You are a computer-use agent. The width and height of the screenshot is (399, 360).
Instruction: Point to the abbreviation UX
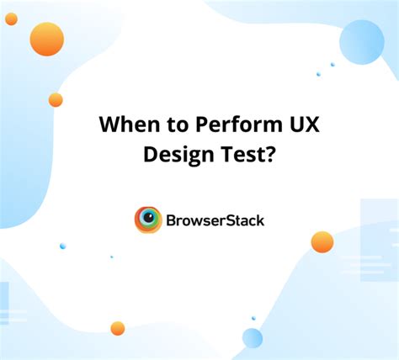(284, 124)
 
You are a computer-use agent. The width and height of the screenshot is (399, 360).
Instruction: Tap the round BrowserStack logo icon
(148, 220)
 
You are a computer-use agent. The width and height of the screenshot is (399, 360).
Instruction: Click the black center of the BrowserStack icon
(148, 220)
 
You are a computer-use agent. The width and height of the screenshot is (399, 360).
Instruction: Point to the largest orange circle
(47, 39)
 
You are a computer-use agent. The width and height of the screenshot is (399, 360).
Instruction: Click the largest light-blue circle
(362, 42)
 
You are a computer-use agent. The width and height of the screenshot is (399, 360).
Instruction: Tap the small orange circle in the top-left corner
(11, 19)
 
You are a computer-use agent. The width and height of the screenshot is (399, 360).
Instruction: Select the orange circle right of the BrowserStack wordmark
(322, 242)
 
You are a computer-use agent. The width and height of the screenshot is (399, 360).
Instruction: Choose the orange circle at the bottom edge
(117, 328)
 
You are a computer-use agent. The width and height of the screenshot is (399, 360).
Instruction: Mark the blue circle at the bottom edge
(253, 338)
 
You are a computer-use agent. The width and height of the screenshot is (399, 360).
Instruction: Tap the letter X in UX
(291, 124)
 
